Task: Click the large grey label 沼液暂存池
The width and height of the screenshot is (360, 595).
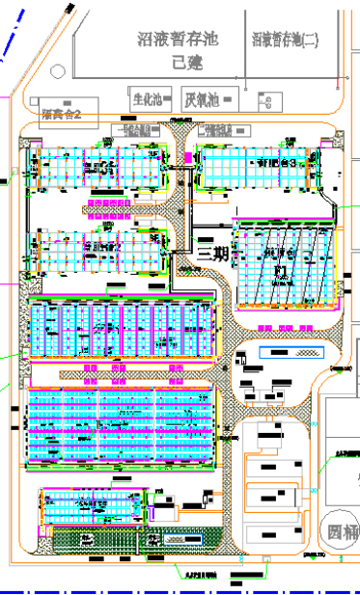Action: click(x=179, y=40)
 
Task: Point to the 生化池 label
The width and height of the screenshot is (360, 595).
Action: click(x=149, y=99)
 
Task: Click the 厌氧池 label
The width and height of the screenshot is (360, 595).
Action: click(x=202, y=99)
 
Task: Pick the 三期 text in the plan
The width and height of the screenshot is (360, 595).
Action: click(x=212, y=254)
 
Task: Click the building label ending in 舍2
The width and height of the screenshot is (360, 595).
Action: click(x=68, y=115)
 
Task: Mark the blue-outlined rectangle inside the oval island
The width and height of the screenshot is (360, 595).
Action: click(x=279, y=353)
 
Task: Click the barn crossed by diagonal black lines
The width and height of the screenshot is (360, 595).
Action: click(x=285, y=265)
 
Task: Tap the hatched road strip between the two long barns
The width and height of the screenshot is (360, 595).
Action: click(x=125, y=372)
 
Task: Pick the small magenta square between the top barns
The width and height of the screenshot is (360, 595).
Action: click(x=186, y=156)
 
